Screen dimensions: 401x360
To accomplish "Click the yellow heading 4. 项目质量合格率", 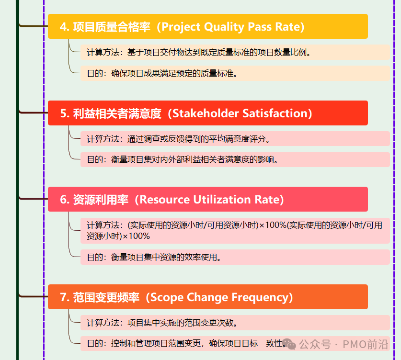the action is pos(207,26).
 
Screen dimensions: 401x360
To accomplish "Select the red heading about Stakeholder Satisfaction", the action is pos(207,113).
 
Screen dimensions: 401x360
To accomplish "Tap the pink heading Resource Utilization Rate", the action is pos(207,199).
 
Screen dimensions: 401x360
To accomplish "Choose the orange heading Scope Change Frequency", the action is pos(207,297).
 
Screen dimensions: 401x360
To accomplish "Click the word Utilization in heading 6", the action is pos(222,200).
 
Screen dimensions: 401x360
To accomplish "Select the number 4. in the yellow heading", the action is pos(65,27).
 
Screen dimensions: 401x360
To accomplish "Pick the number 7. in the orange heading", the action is pos(65,297).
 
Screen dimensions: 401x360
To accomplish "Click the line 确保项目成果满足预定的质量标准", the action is pos(175,73).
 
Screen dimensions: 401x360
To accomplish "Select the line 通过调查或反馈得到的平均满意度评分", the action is pos(199,139).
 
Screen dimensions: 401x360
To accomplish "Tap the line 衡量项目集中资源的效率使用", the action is pos(166,257).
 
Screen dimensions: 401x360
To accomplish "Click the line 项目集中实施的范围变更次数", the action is pos(183,323).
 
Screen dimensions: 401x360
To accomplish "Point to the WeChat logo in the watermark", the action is pos(289,344).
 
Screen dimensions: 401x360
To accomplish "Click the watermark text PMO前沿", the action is pos(366,344).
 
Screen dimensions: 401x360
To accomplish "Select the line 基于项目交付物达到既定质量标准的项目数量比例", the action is pos(219,52).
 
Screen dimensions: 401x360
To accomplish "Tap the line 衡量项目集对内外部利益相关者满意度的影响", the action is pos(195,160).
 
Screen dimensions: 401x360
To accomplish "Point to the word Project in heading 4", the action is pos(181,27).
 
